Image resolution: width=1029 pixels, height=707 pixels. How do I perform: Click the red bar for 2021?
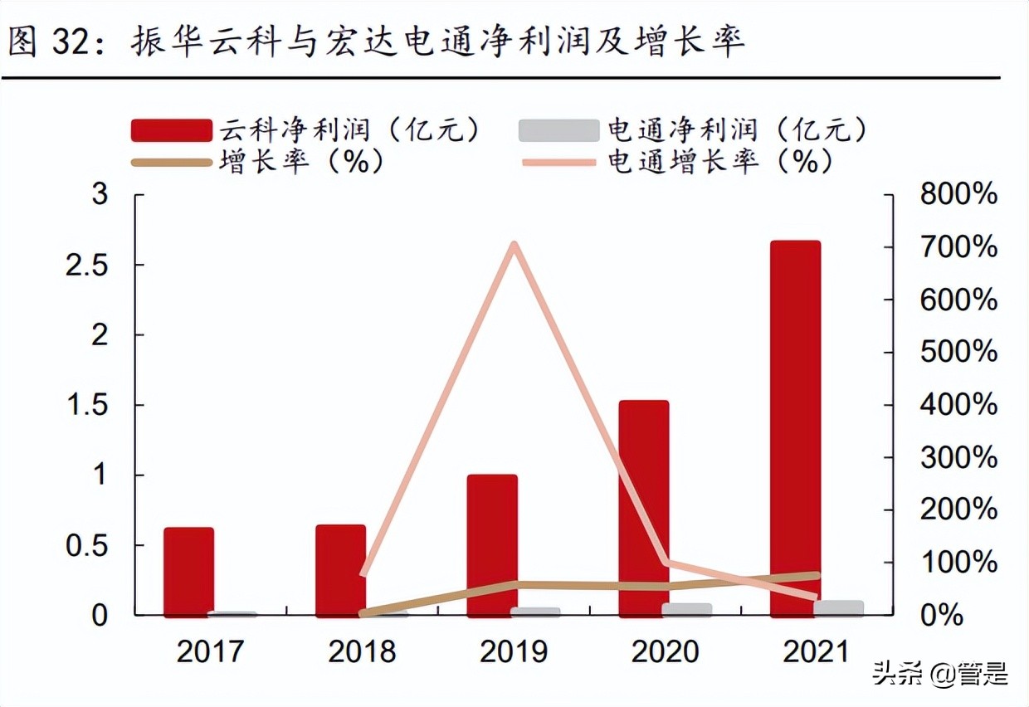pos(795,428)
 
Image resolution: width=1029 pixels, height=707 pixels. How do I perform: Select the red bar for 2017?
pos(188,572)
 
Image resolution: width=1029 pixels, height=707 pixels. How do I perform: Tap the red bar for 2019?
pos(492,545)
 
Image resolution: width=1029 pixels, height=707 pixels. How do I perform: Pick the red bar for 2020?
pos(643,508)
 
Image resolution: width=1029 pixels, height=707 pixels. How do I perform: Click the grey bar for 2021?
pos(838,608)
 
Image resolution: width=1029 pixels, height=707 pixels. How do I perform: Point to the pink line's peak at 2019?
pos(514,245)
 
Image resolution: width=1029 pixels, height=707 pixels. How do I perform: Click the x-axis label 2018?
pos(362,651)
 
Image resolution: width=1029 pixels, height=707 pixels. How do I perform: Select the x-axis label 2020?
pos(666,651)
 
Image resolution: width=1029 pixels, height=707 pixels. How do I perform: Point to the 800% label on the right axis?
pos(958,196)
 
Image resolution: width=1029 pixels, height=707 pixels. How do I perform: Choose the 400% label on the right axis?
pos(958,406)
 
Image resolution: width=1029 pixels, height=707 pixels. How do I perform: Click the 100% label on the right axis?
pos(958,563)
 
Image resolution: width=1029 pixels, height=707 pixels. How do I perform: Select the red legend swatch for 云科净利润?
pos(171,130)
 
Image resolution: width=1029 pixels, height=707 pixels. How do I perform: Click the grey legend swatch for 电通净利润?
pos(558,130)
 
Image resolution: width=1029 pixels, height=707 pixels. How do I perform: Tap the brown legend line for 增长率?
pos(171,162)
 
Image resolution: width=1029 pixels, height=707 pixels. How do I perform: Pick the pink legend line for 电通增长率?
pos(558,162)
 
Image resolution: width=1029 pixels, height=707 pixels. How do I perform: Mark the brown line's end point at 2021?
pos(817,575)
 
